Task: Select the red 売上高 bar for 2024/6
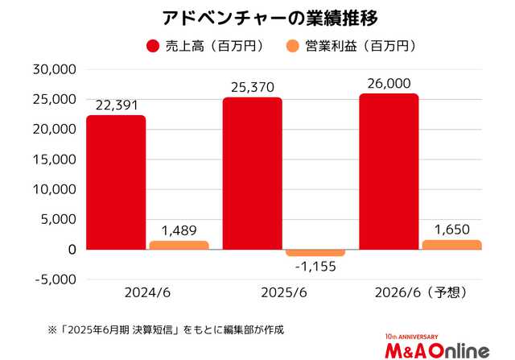(x=117, y=182)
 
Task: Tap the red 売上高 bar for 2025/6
(x=253, y=173)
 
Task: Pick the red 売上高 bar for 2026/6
(x=389, y=172)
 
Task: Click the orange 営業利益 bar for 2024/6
(x=179, y=245)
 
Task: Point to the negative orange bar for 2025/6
(x=315, y=253)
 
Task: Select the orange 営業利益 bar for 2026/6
(x=451, y=245)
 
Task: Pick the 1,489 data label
(x=179, y=231)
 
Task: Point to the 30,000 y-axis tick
(x=53, y=69)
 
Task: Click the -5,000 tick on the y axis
(x=53, y=279)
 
